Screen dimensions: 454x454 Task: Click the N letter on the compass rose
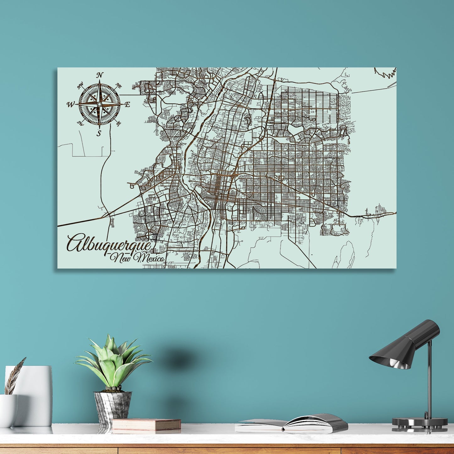coord(100,75)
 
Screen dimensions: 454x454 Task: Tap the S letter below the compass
coord(99,134)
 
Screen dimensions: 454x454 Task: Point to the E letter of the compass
coord(127,105)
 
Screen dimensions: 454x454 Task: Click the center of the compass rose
coord(99,104)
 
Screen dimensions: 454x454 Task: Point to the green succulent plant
coord(113,361)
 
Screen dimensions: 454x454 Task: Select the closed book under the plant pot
coord(146,425)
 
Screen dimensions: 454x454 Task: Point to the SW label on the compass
coord(80,123)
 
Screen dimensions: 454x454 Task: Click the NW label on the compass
coord(80,84)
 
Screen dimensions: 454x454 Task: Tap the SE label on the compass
coord(118,124)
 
